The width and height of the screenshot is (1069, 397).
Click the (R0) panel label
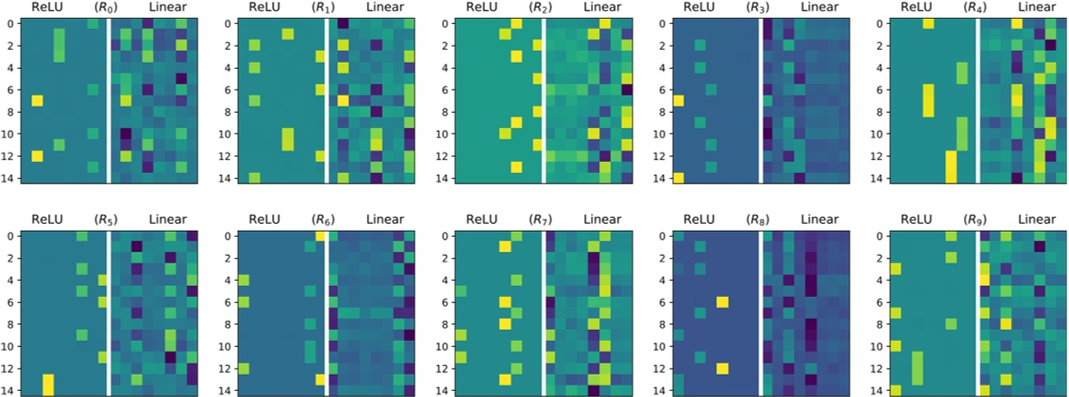(106, 8)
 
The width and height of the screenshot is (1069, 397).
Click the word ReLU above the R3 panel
(699, 8)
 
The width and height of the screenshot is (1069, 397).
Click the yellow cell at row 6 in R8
(723, 302)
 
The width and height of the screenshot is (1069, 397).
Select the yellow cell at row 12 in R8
(723, 369)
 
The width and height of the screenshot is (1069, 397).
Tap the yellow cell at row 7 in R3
(678, 101)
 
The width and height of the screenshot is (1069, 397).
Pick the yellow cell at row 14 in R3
(678, 178)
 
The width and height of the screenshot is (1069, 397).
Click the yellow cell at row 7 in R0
(37, 101)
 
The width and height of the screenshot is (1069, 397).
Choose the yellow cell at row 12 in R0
(37, 156)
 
